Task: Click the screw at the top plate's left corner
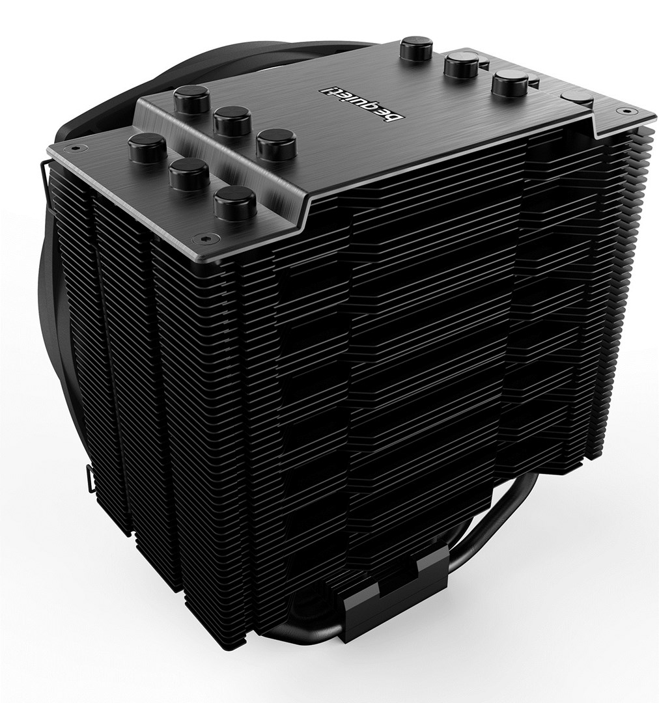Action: (76, 148)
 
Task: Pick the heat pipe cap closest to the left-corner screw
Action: (147, 147)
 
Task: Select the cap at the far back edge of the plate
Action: (416, 48)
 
